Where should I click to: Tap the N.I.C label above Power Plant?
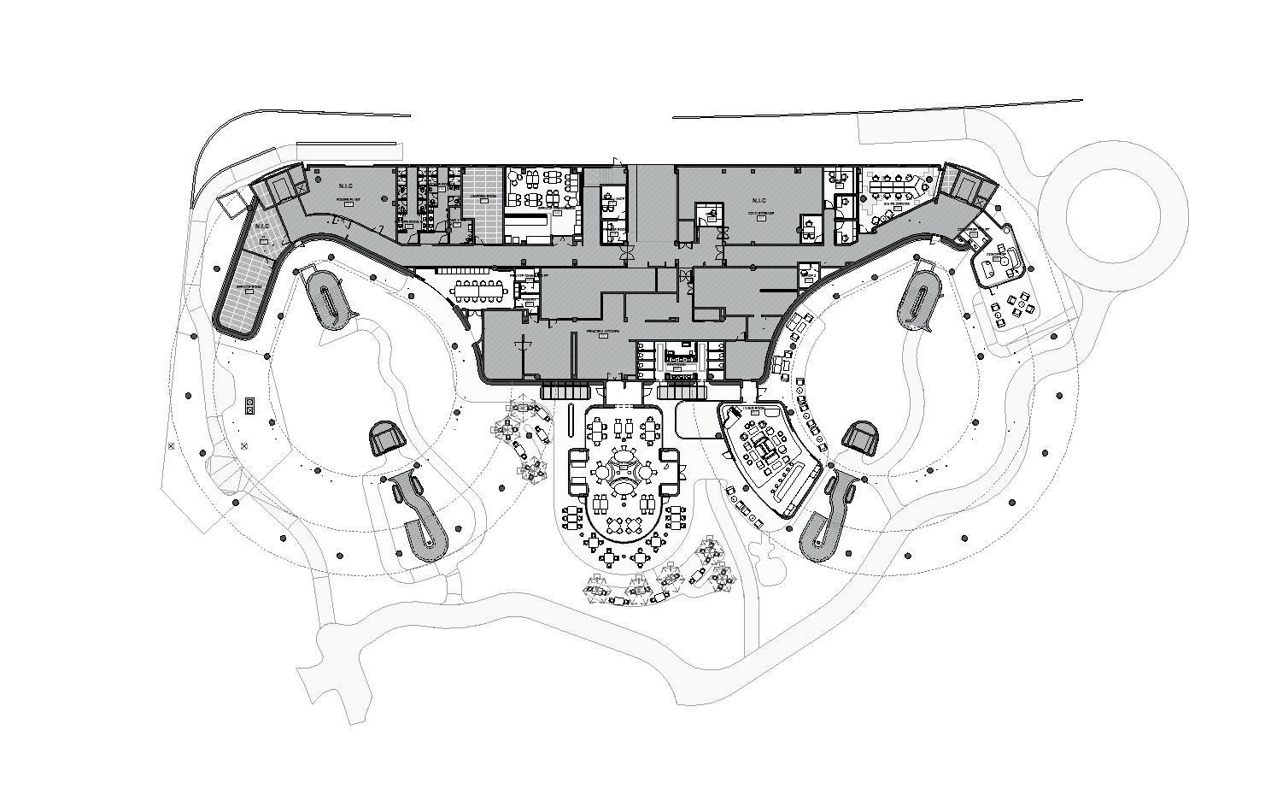pos(346,186)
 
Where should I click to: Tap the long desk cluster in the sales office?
pos(896,185)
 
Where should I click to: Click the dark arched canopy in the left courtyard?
pos(386,439)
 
